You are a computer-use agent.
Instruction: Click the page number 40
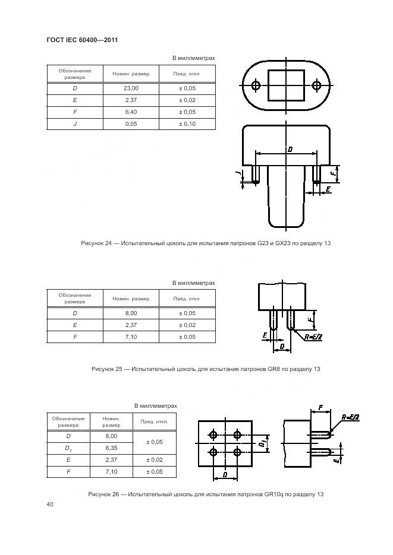click(x=50, y=505)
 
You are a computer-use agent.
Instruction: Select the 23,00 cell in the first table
click(x=131, y=88)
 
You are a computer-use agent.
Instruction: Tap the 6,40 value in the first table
click(x=131, y=112)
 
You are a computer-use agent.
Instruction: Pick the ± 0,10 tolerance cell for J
click(x=187, y=123)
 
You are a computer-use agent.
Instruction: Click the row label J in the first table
click(x=75, y=123)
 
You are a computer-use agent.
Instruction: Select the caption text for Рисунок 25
click(x=206, y=369)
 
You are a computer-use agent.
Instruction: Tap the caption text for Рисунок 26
click(x=206, y=494)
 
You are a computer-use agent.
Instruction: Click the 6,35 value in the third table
click(x=111, y=448)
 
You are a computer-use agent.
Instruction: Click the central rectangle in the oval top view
click(x=286, y=85)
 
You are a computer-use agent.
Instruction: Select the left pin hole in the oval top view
click(x=256, y=85)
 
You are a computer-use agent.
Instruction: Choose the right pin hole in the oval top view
click(x=316, y=85)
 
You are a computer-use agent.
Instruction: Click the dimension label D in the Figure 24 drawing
click(x=289, y=149)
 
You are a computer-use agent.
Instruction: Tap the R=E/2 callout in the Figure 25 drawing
click(x=314, y=337)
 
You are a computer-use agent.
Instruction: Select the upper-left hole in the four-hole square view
click(x=214, y=435)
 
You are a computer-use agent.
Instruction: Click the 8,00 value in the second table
click(x=131, y=313)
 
